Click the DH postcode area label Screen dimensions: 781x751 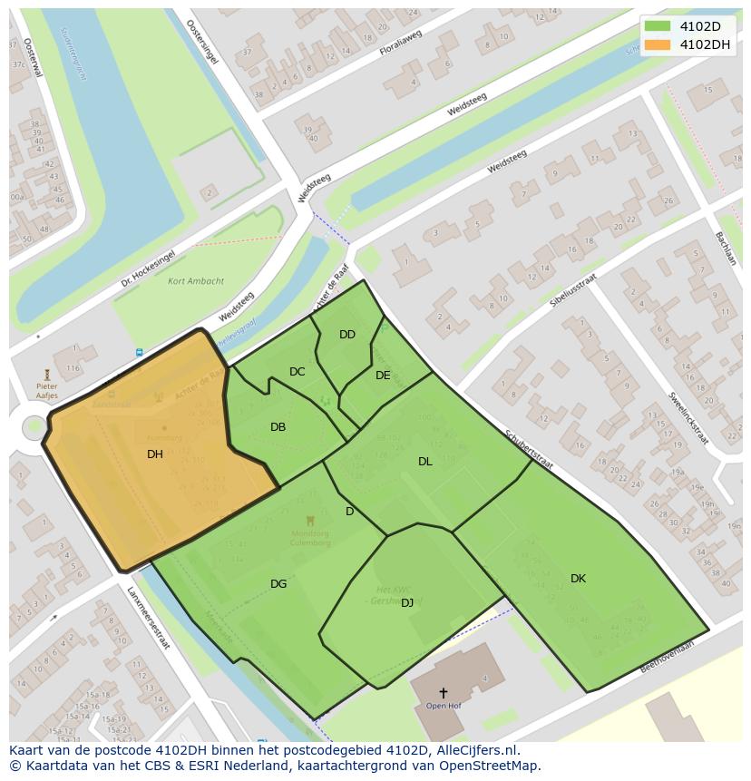pyautogui.click(x=155, y=454)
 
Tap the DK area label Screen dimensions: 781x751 pyautogui.click(x=578, y=579)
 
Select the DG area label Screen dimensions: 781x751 pyautogui.click(x=278, y=584)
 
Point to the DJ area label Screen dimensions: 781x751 pyautogui.click(x=407, y=602)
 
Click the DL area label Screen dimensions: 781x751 pyautogui.click(x=424, y=462)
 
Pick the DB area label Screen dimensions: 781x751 pyautogui.click(x=278, y=427)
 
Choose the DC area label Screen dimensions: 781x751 pyautogui.click(x=297, y=372)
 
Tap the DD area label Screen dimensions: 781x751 pyautogui.click(x=347, y=335)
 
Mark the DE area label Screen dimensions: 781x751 pyautogui.click(x=383, y=376)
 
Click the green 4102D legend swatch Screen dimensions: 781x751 pyautogui.click(x=658, y=26)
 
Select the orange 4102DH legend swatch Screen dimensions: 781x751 pyautogui.click(x=658, y=44)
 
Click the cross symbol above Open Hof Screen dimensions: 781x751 pyautogui.click(x=443, y=693)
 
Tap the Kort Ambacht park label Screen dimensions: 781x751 pyautogui.click(x=196, y=281)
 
